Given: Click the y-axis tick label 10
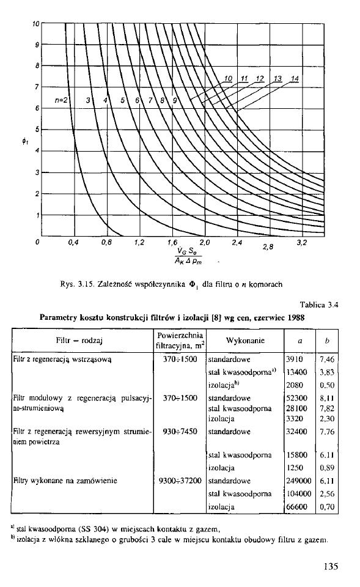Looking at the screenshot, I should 36,23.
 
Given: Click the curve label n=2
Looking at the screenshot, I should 63,100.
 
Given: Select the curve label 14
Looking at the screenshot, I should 295,78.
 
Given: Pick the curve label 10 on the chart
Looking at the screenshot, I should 228,78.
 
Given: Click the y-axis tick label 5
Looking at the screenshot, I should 37,129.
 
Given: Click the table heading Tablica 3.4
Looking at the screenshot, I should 318,303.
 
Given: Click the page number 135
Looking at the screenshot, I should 331,566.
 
